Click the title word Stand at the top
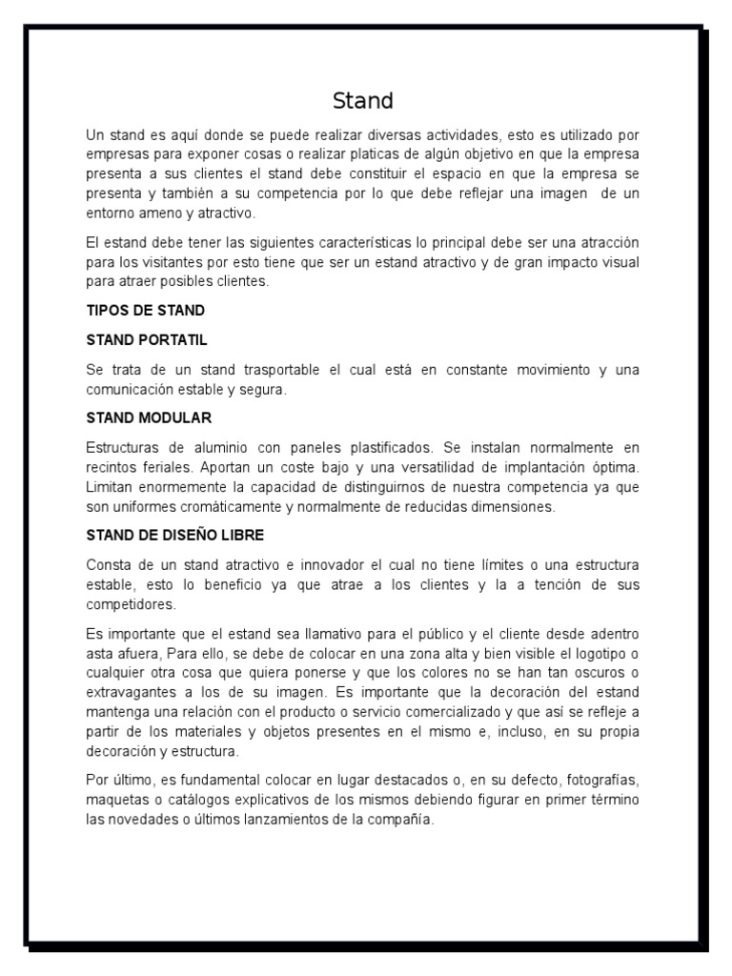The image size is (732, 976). pos(362,101)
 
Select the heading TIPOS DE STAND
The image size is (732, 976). pos(145,311)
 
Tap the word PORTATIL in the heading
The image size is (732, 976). pos(173,339)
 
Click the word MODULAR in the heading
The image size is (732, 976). pos(177,417)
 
